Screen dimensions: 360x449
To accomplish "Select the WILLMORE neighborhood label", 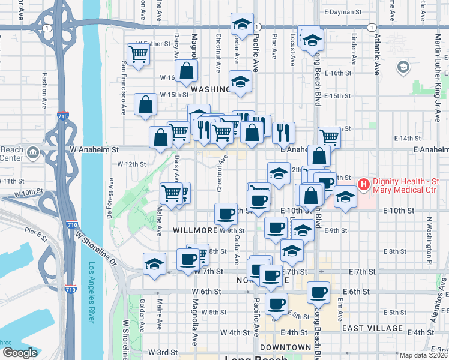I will click(x=194, y=230).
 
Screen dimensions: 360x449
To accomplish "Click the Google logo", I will click(x=20, y=353).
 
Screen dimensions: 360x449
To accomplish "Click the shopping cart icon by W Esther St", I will click(x=139, y=55).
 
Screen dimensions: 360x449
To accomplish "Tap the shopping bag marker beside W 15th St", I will click(x=146, y=104).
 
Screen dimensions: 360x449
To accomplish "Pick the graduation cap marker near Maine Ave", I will click(x=154, y=263).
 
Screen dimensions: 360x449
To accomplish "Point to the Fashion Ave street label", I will click(x=44, y=90).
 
